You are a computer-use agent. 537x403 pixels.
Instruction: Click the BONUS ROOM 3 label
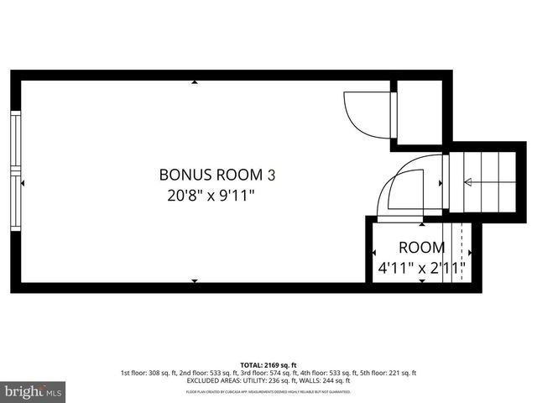point(216,175)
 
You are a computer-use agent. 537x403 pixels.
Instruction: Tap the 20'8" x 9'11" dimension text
point(211,196)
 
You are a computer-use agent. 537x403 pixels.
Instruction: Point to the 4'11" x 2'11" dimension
point(421,270)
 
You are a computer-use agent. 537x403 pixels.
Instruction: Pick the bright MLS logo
point(34,390)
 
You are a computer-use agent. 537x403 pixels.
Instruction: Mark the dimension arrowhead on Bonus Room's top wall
point(195,82)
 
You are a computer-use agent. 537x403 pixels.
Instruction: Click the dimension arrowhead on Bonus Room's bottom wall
point(195,280)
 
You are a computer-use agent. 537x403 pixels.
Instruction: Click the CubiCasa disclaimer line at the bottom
point(268,392)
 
